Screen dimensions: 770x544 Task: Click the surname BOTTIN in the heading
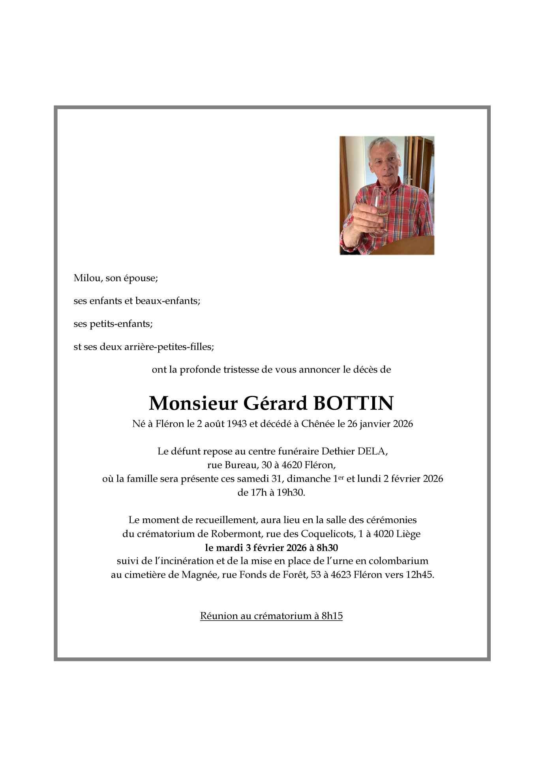353,403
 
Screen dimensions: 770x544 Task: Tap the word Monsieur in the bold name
193,403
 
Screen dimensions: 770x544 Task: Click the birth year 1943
237,424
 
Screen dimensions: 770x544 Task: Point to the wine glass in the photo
379,211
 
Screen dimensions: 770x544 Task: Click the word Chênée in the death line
318,424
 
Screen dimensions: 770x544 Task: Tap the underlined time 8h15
332,616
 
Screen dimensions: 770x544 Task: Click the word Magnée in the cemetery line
200,575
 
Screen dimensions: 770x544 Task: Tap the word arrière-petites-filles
169,347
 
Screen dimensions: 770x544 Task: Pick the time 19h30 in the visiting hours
293,493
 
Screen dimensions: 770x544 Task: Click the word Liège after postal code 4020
408,534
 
